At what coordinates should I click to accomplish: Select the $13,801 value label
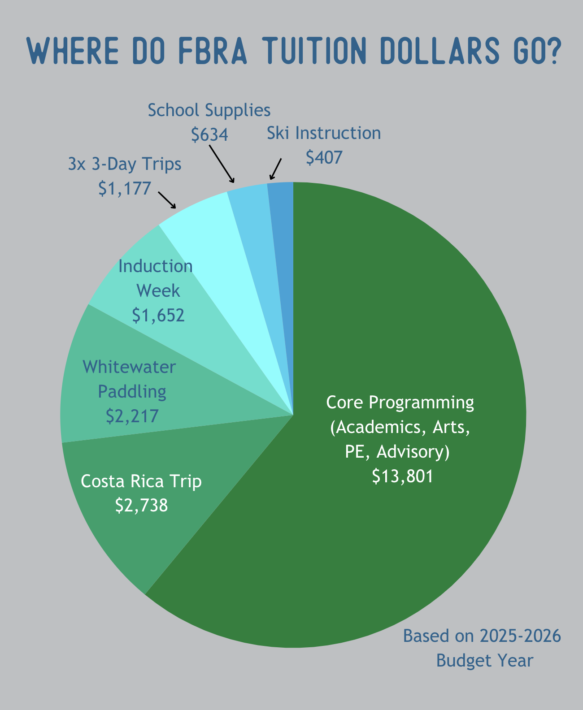click(x=403, y=476)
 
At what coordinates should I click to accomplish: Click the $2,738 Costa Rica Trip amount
click(x=142, y=505)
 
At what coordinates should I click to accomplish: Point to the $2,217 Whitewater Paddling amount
click(x=132, y=416)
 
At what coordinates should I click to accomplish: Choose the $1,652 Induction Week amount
click(x=158, y=315)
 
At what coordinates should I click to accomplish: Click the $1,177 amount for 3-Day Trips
click(x=125, y=188)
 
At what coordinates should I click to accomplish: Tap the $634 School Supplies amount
click(x=209, y=134)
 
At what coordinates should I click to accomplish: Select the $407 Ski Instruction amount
click(x=324, y=157)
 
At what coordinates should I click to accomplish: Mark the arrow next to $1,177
click(x=167, y=200)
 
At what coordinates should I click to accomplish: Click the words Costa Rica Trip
click(x=141, y=481)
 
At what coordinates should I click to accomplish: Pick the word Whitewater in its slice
click(x=129, y=367)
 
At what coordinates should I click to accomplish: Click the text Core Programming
click(x=400, y=402)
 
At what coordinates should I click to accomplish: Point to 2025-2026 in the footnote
click(x=520, y=636)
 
